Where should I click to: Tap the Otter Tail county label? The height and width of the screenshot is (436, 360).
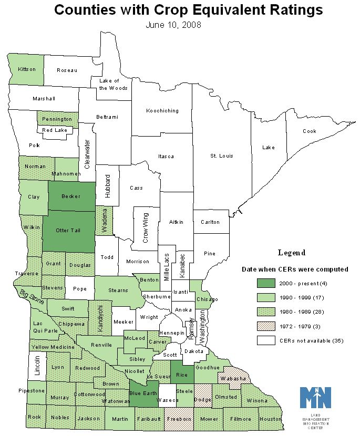(x=69, y=230)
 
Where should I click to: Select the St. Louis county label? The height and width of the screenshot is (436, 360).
(x=222, y=156)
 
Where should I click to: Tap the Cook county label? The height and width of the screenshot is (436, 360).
(x=310, y=131)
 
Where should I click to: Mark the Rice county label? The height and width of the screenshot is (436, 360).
(x=181, y=375)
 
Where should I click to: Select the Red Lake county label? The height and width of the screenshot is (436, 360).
(x=55, y=130)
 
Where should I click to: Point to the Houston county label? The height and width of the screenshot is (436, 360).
(x=271, y=419)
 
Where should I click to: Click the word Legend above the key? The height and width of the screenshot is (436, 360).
(x=292, y=253)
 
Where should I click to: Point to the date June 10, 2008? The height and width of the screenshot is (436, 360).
(x=173, y=24)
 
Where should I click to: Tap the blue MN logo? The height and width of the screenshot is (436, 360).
(x=315, y=398)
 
